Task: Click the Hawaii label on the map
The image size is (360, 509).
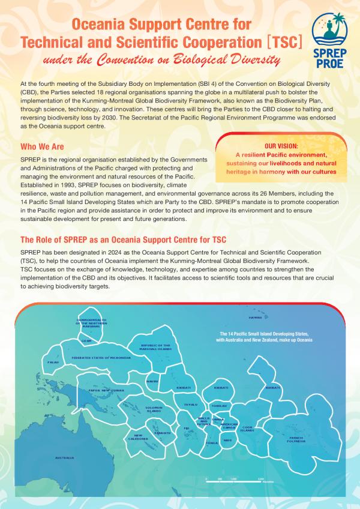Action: coord(256,317)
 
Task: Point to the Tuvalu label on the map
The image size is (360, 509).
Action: coord(190,405)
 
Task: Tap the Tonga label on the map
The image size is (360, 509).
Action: coord(212,443)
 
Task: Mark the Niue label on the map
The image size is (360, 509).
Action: coord(227,440)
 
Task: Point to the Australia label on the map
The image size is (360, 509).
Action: coord(64,458)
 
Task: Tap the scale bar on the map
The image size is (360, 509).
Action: coord(233,478)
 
